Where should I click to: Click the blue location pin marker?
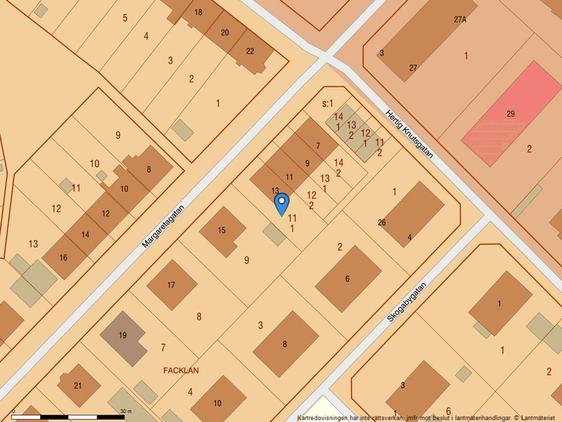coord(281,204)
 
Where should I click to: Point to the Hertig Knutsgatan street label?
coord(409,134)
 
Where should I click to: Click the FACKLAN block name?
coord(181,371)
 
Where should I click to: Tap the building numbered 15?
coord(223,231)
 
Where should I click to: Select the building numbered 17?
coord(172,284)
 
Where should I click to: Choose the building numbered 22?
coord(250,51)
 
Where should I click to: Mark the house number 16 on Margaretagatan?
coord(63,257)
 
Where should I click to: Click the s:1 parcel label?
coord(328,104)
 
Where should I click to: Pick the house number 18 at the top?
coord(198,12)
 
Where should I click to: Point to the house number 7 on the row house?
coord(317,145)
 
